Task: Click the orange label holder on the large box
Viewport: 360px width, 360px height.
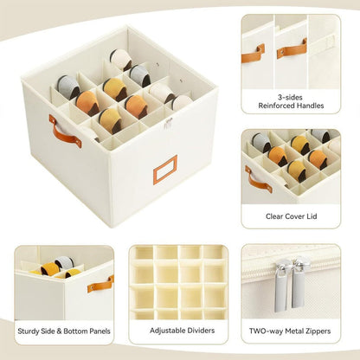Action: [x=165, y=169]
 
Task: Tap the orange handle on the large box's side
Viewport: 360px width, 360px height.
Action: [x=65, y=131]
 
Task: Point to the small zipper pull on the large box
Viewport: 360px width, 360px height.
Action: [x=170, y=124]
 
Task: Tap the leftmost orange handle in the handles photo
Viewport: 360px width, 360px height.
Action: [x=253, y=55]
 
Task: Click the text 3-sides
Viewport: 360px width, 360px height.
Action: [x=290, y=96]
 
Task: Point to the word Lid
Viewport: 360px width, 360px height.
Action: [x=318, y=216]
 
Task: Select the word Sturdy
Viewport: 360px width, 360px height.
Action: [x=30, y=330]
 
